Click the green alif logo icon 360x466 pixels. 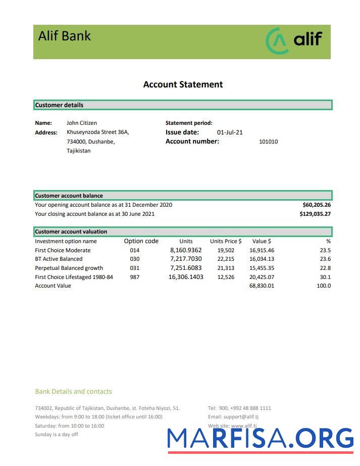tap(277, 41)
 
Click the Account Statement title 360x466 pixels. tap(183, 84)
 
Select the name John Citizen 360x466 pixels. tap(81, 123)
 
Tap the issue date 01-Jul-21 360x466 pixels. tap(230, 132)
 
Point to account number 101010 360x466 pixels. tap(268, 142)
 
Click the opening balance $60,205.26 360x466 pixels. tap(316, 205)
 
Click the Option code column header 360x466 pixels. tap(141, 241)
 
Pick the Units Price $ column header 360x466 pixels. tap(226, 242)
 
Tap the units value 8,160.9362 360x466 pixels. tap(186, 250)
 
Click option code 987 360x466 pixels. tap(134, 277)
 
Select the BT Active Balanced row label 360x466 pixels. tap(59, 259)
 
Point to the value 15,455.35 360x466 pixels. tap(262, 268)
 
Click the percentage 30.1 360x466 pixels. tap(325, 277)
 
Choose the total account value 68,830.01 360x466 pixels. tap(262, 286)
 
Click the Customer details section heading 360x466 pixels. tap(59, 105)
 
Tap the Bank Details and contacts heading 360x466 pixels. tap(73, 392)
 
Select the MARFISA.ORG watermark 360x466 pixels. tap(260, 438)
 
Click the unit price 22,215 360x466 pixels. tap(226, 259)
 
